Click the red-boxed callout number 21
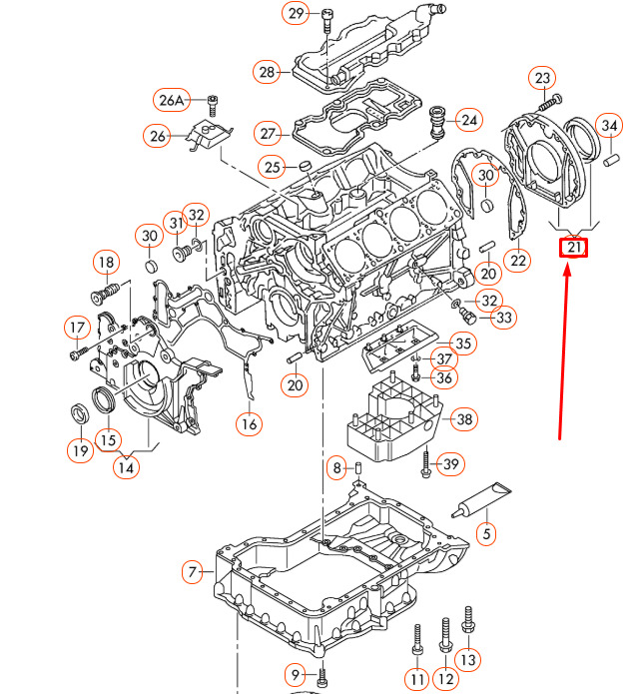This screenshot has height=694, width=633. point(573,248)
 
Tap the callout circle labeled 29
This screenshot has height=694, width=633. point(296,13)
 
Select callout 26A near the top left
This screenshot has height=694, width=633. point(172,100)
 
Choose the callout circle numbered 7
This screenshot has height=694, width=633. point(192,572)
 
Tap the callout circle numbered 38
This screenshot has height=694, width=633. point(464,419)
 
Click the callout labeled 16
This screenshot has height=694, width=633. point(249,424)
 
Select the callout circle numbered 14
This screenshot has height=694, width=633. point(126,467)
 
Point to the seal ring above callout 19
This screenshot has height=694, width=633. point(81,413)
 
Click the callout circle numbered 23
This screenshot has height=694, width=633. point(542,78)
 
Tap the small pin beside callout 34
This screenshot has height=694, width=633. point(611,160)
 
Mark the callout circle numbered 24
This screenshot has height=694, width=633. point(469,121)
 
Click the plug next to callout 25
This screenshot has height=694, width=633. point(305,167)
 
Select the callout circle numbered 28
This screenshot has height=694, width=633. point(267,72)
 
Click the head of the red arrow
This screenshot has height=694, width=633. point(567,270)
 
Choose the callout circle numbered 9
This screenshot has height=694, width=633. point(296,675)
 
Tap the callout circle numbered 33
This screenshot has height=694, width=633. point(504,318)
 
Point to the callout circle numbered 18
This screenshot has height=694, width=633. point(106,263)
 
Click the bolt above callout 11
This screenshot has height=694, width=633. point(417,639)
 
